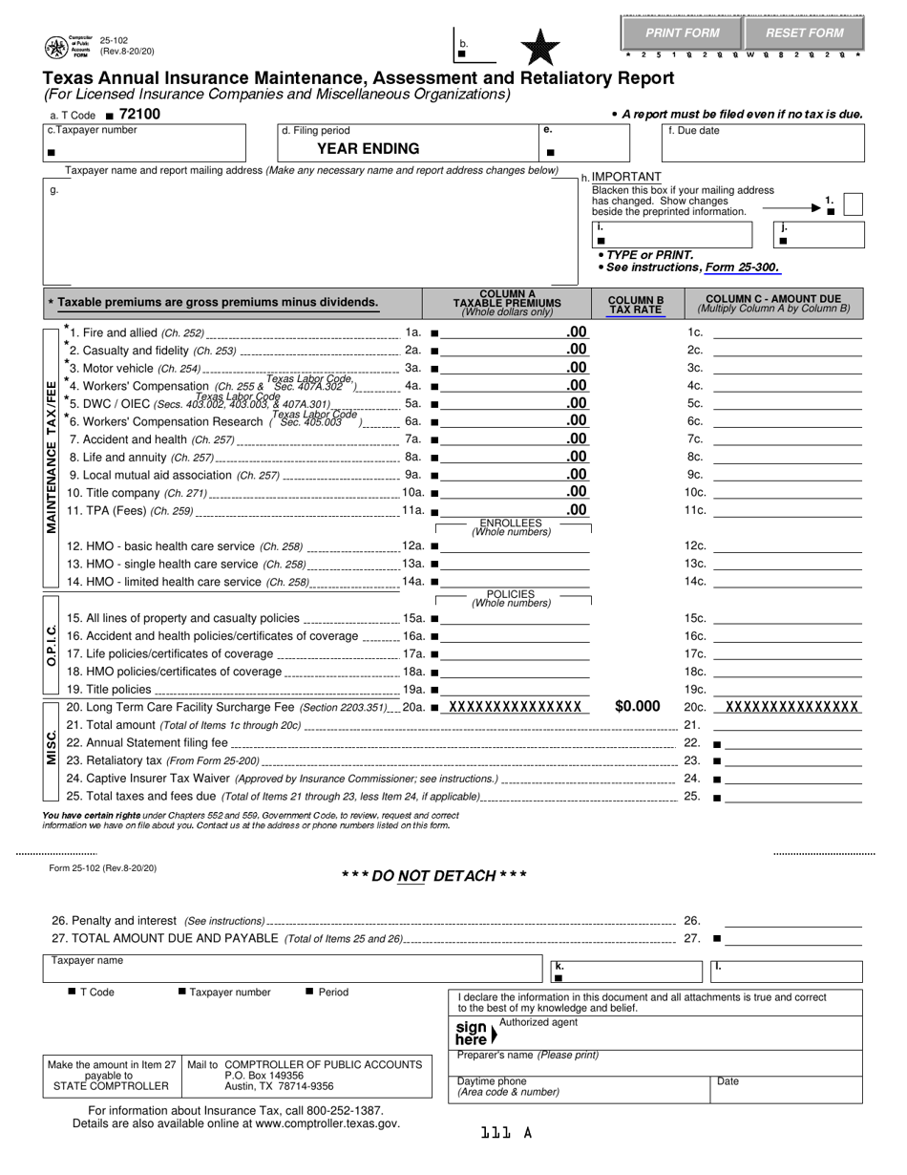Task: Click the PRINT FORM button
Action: pos(682,32)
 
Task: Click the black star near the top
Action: pos(540,46)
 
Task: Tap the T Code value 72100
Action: pos(139,114)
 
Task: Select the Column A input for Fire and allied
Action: pos(503,332)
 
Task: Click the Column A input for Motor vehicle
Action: pos(503,368)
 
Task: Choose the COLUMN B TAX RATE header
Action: pos(636,304)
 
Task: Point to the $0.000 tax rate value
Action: pos(637,707)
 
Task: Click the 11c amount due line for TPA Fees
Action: pos(787,510)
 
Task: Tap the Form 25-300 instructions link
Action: pos(742,267)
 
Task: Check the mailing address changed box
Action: pos(854,204)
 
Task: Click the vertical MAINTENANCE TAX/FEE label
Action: pos(52,457)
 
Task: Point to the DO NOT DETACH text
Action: pos(433,876)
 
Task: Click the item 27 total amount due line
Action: pos(792,939)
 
